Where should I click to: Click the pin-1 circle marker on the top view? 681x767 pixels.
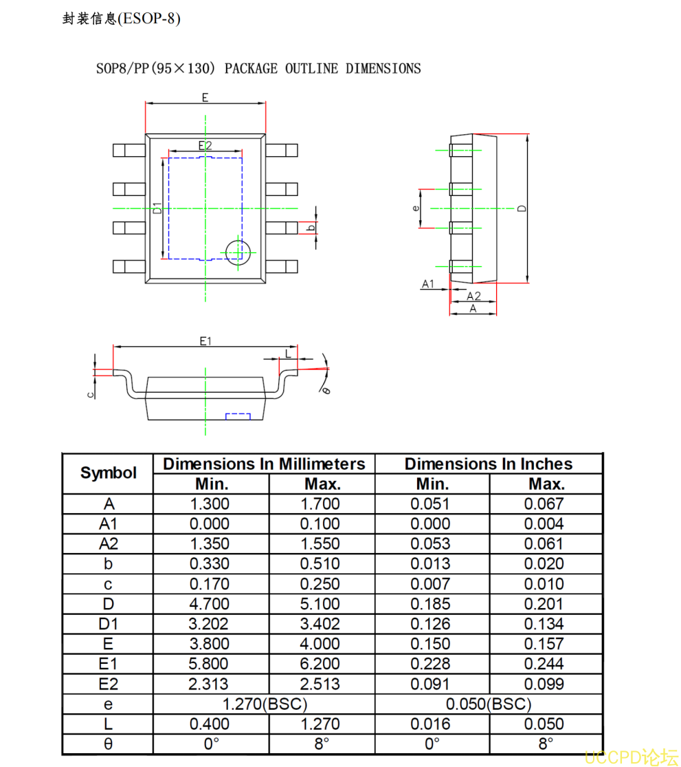(x=238, y=252)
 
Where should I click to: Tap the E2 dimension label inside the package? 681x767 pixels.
(x=205, y=145)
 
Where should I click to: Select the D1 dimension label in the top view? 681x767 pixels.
(x=157, y=208)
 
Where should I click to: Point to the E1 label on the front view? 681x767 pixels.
(x=205, y=341)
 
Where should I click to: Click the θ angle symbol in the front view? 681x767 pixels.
(x=326, y=389)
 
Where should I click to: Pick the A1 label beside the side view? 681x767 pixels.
(x=428, y=283)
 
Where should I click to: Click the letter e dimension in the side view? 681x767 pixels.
(x=415, y=208)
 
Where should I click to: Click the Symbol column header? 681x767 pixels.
(x=108, y=473)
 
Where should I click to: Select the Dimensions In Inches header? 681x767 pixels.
(x=489, y=464)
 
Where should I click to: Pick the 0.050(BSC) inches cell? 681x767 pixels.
(x=489, y=704)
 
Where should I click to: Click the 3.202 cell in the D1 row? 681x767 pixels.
(x=210, y=624)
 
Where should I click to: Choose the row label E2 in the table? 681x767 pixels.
(x=108, y=684)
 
